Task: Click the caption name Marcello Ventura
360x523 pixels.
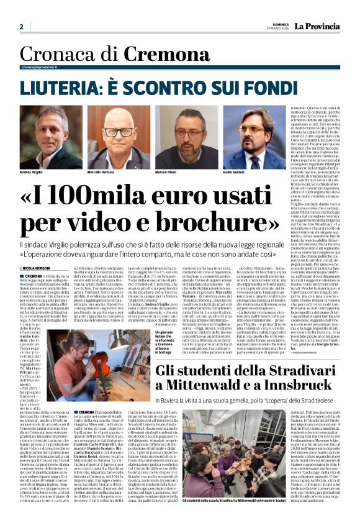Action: click(101, 171)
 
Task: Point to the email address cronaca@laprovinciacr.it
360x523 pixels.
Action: click(43, 67)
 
